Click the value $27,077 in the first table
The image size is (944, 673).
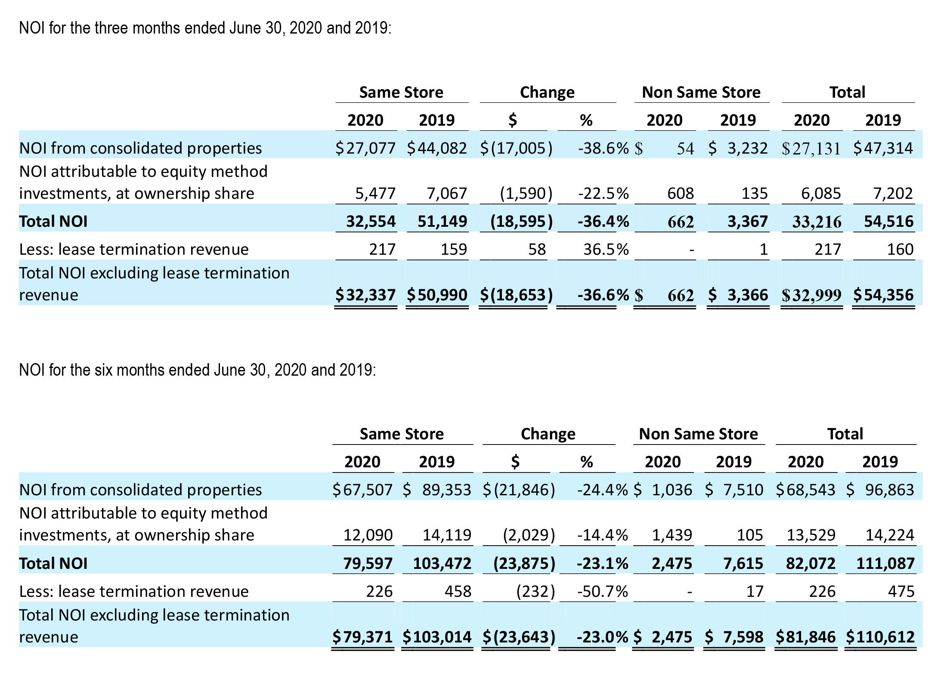(365, 148)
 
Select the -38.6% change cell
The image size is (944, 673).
(604, 148)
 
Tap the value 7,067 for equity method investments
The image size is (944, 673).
(447, 194)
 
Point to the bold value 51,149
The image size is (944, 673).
(443, 222)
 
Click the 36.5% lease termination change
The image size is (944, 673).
(606, 250)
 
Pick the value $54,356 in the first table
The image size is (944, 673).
(883, 295)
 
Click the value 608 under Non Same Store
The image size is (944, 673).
(681, 194)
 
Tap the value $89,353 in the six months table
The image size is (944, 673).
(437, 490)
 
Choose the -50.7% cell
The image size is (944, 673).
(603, 592)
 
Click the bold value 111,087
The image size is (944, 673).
(885, 564)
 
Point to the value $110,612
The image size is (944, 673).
(880, 637)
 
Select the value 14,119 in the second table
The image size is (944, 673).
(447, 535)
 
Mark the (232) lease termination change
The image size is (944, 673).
(535, 592)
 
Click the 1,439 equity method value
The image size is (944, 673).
(672, 535)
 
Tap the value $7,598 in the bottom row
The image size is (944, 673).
(734, 637)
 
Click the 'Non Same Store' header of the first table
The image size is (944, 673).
(701, 93)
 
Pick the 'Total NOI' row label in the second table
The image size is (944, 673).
(53, 564)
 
